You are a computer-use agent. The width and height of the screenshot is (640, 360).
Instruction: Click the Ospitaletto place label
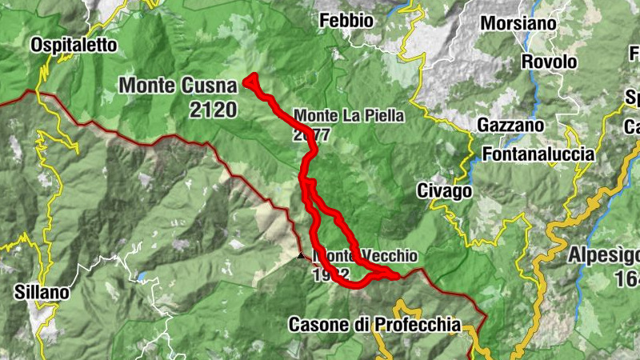(74, 46)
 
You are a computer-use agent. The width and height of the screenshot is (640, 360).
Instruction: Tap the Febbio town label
(346, 21)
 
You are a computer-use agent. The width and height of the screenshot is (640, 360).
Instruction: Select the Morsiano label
(518, 23)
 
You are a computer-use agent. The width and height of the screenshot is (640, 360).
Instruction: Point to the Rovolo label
(549, 62)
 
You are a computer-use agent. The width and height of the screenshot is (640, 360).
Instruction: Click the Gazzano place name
(510, 125)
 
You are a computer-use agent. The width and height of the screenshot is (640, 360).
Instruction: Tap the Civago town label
(444, 191)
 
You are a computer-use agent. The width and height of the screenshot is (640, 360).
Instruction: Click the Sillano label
(42, 293)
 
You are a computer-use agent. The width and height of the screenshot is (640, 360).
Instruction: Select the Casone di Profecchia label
(374, 325)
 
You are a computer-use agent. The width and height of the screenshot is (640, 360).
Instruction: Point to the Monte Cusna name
(179, 85)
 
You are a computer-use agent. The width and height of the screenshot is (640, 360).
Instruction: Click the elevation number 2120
(214, 109)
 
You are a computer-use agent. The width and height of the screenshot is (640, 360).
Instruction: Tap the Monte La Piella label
(349, 115)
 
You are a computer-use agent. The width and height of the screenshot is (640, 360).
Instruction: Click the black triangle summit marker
(301, 256)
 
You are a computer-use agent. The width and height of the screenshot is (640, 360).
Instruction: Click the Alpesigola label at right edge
(603, 255)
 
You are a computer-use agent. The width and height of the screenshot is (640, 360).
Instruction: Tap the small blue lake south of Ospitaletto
(142, 277)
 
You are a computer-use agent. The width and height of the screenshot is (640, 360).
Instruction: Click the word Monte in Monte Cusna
(146, 85)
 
